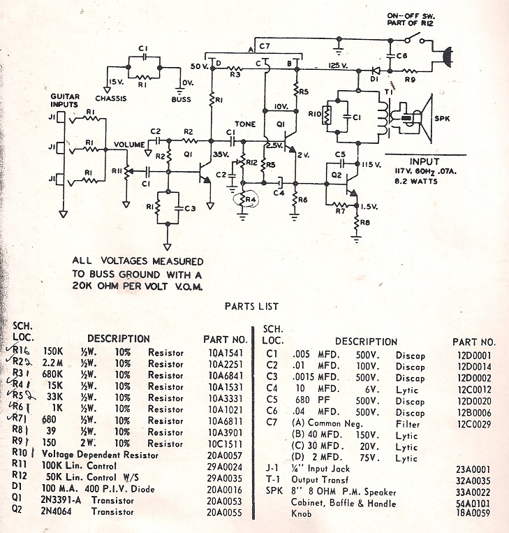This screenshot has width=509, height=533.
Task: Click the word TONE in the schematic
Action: coord(244,124)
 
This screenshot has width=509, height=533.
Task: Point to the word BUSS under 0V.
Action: coord(181,98)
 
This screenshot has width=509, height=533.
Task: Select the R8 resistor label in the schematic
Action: coord(364,223)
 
